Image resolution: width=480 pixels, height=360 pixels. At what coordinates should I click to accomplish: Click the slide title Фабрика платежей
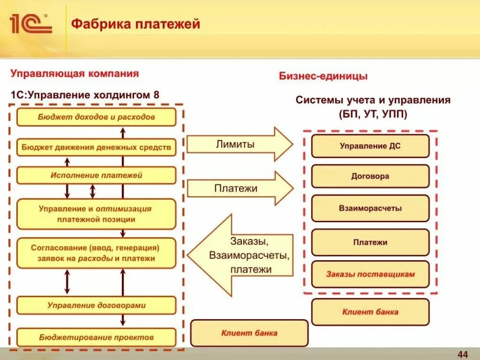(x=135, y=24)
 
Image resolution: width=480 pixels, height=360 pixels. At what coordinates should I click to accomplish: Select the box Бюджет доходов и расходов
(x=96, y=117)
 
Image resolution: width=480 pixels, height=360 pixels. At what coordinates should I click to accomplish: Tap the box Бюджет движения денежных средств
(x=96, y=147)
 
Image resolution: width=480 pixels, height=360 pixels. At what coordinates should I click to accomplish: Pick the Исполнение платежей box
(x=96, y=175)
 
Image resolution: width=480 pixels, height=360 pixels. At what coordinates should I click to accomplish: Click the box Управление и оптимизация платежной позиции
(x=96, y=214)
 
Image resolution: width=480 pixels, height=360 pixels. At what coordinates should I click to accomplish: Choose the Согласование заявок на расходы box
(x=96, y=253)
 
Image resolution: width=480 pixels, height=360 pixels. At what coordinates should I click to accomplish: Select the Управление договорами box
(x=96, y=305)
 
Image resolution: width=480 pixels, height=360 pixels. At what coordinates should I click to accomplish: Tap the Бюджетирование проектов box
(x=96, y=337)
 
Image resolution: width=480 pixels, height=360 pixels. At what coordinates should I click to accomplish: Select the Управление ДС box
(x=370, y=146)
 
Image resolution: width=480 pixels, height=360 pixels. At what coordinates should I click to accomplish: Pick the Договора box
(x=370, y=176)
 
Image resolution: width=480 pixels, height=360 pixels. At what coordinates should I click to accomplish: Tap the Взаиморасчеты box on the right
(x=370, y=208)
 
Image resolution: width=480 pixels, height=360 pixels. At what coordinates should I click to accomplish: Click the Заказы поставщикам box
(x=370, y=275)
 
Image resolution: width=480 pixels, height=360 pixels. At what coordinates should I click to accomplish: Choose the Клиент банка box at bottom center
(x=249, y=333)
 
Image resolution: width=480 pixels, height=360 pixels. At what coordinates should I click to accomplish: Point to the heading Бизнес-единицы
(x=323, y=76)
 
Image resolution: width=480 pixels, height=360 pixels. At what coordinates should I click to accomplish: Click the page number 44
(x=463, y=354)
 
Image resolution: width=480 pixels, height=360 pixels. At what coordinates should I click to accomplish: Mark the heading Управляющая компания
(x=75, y=73)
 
